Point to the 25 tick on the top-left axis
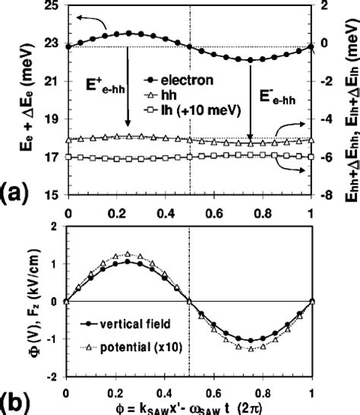49,7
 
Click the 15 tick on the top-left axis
49,195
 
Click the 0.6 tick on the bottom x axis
226,388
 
